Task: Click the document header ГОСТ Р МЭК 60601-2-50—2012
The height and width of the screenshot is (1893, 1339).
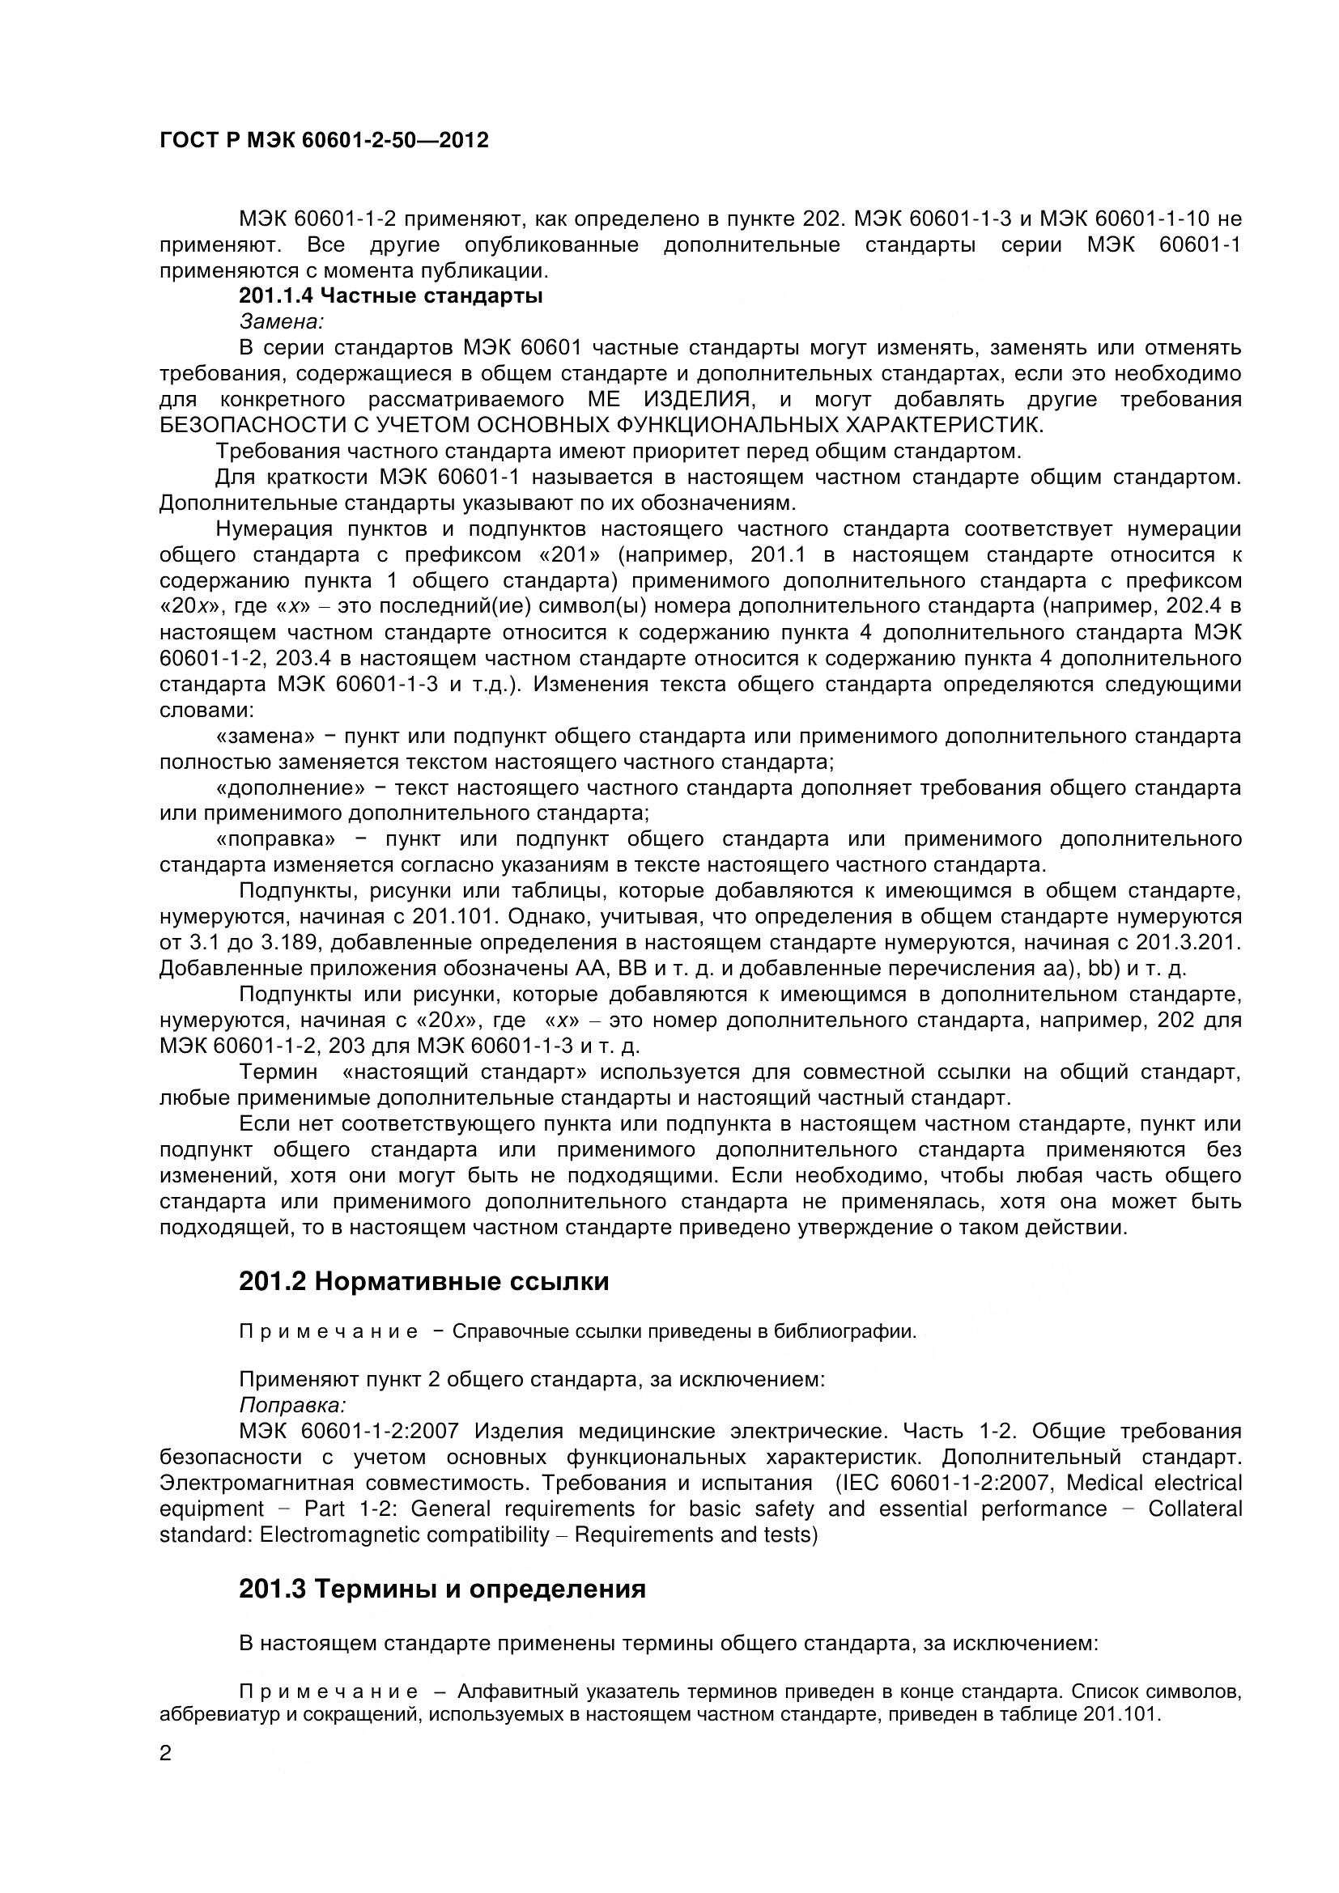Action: (x=323, y=141)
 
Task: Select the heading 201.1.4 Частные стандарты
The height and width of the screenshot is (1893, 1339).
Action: (x=391, y=296)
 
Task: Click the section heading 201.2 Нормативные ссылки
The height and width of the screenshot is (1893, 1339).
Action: (x=423, y=1281)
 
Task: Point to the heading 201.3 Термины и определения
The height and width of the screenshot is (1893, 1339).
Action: (x=442, y=1589)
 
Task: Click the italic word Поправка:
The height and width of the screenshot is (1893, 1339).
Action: (x=292, y=1404)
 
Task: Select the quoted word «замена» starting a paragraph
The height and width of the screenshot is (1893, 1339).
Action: (x=266, y=736)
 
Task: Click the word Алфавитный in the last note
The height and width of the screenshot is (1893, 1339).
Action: (x=517, y=1691)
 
